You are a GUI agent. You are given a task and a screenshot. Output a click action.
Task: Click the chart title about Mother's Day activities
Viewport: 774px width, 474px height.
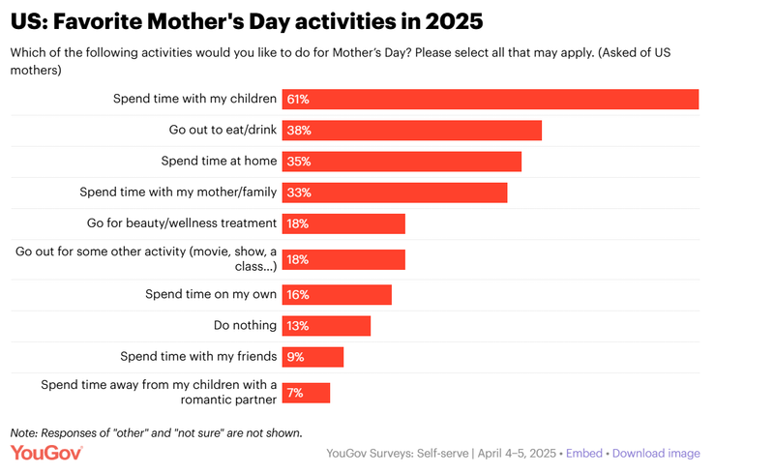point(247,19)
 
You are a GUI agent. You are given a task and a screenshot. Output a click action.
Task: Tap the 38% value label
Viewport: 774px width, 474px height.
point(299,131)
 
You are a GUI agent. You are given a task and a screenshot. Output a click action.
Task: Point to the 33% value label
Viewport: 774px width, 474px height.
point(299,193)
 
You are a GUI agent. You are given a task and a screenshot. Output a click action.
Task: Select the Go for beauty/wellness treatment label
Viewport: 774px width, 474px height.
point(182,223)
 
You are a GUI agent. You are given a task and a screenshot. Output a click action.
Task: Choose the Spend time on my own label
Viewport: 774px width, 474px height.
point(211,294)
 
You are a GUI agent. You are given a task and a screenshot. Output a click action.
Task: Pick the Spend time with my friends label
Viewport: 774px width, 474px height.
point(198,356)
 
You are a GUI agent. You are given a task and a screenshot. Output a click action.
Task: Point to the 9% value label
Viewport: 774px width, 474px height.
point(295,357)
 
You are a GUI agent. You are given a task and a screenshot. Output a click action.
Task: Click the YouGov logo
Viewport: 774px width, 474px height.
point(46,453)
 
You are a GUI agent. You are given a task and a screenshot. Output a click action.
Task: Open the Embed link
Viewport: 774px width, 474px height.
point(583,453)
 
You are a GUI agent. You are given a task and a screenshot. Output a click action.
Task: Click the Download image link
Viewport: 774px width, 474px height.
point(656,453)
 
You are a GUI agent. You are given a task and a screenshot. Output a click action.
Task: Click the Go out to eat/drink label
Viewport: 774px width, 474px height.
point(223,130)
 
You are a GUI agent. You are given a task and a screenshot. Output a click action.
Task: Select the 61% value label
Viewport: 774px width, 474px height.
point(298,100)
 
